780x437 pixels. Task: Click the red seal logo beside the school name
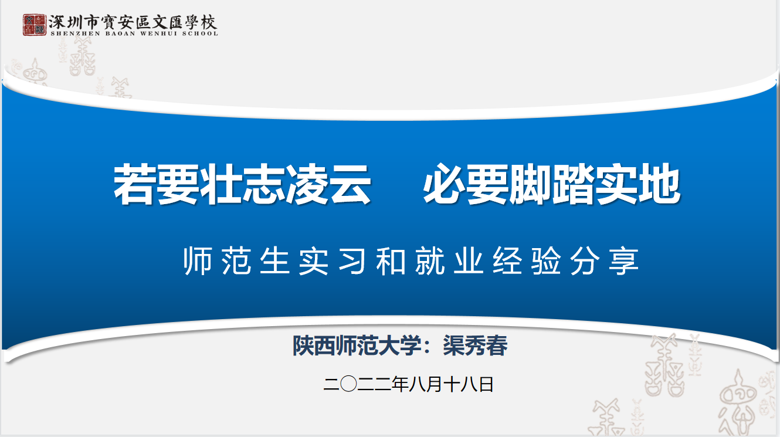click(35, 25)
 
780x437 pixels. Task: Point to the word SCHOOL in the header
click(200, 34)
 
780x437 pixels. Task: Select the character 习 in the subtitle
click(352, 261)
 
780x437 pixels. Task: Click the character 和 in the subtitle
click(391, 261)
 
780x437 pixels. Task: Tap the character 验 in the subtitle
click(545, 261)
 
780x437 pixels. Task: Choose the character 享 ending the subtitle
click(623, 261)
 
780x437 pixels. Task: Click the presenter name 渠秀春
click(475, 345)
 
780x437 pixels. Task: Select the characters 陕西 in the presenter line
click(314, 345)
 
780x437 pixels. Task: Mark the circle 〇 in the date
click(348, 384)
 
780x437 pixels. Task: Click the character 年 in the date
click(400, 384)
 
